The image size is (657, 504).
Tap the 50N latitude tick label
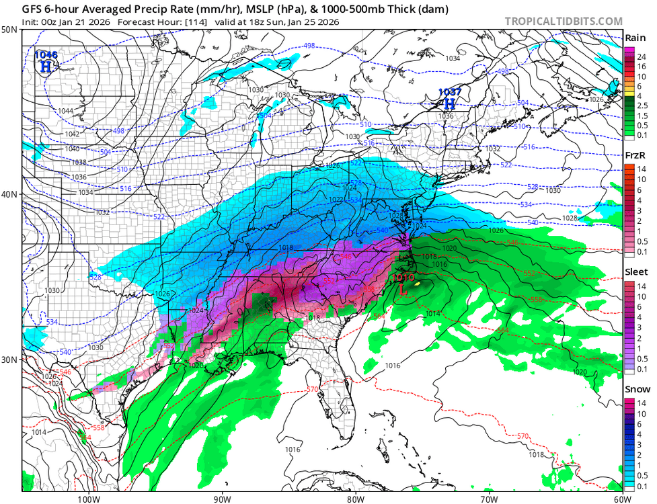click(x=9, y=30)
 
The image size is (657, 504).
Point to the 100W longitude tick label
click(x=88, y=499)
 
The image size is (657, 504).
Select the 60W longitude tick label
click(x=622, y=499)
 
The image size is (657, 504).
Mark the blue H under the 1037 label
click(x=449, y=103)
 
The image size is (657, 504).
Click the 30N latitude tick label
click(x=9, y=360)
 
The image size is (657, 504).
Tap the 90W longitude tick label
click(x=222, y=499)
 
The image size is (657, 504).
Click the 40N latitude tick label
click(x=9, y=194)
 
